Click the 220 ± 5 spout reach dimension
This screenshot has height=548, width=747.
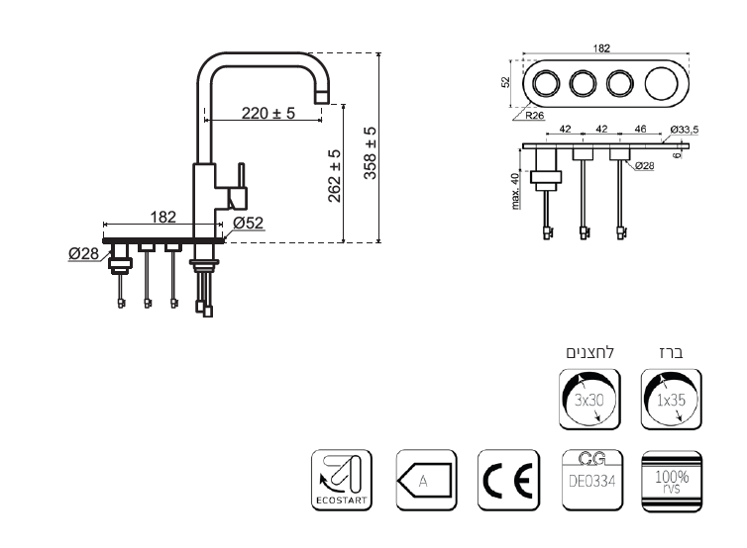pos(268,113)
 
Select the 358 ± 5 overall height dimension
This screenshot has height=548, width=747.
pos(371,152)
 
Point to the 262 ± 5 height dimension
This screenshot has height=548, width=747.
pos(335,175)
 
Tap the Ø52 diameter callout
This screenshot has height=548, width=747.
pos(249,223)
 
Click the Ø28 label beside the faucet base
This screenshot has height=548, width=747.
pos(84,253)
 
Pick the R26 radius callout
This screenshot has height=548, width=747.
pos(535,115)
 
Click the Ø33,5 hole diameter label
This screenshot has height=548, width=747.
pos(685,130)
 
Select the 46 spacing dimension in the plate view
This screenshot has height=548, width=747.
pos(641,129)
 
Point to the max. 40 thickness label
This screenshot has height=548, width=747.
pos(515,191)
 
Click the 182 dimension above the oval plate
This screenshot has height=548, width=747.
pos(601,48)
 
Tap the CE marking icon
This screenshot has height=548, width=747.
pos(508,480)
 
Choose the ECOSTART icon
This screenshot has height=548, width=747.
pos(342,480)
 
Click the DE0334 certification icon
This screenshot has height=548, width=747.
pos(592,480)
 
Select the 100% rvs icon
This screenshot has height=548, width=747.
pos(672,482)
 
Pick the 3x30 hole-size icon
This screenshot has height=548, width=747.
pos(589,399)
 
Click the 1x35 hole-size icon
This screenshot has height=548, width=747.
pos(672,399)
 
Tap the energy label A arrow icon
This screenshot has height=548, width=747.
pos(426,480)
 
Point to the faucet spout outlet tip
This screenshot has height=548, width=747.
pos(322,98)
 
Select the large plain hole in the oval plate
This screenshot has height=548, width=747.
pos(661,83)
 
